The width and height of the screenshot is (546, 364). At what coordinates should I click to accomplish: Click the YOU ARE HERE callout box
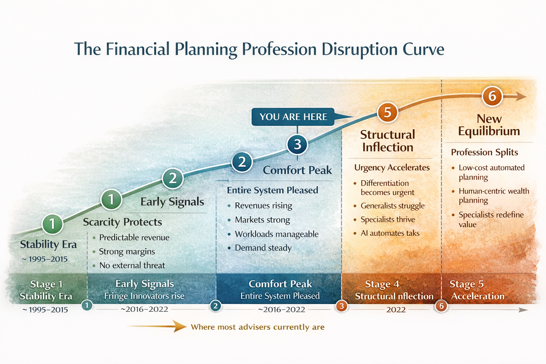tap(293, 117)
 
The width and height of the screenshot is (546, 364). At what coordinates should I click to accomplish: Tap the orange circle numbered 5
tap(387, 112)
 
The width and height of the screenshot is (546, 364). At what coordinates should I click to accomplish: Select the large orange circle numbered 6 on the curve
tap(492, 96)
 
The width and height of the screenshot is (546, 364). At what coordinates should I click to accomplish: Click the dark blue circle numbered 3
tap(297, 144)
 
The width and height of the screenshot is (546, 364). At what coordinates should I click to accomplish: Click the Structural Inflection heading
tap(387, 141)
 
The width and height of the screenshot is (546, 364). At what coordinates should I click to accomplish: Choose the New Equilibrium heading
tap(489, 125)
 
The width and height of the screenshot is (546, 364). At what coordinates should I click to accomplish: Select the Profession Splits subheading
tap(484, 152)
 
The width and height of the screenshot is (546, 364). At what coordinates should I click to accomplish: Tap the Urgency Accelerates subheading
tap(392, 167)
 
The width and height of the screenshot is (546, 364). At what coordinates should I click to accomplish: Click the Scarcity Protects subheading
tap(122, 222)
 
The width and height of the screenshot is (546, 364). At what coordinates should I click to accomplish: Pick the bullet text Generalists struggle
tap(392, 206)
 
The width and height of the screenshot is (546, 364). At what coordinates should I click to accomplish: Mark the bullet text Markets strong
tap(262, 220)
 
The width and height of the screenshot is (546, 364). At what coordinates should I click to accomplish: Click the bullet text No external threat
tap(132, 266)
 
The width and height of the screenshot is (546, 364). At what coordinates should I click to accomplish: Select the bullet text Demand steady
tap(263, 248)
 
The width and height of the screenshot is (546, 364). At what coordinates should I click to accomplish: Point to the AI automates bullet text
tap(390, 233)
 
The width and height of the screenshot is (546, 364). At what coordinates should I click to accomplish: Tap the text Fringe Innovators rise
tap(144, 296)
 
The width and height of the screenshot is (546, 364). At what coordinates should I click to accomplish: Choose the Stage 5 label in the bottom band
tap(466, 284)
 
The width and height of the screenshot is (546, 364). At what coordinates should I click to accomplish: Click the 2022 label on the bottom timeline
tap(396, 310)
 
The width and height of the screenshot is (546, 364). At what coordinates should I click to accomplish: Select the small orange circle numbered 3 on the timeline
tap(342, 306)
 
